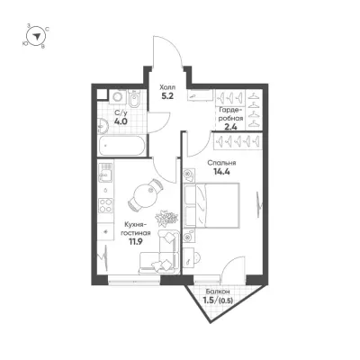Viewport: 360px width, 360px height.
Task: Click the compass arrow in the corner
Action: point(37,36)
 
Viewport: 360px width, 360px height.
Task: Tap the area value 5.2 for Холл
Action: point(167,96)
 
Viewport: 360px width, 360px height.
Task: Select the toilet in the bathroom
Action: point(134,100)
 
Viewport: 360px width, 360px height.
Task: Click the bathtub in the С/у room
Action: point(121,146)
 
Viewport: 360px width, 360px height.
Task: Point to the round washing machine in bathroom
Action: point(116,96)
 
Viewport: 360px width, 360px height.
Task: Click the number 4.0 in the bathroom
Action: point(121,121)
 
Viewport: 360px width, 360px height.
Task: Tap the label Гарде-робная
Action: point(231,113)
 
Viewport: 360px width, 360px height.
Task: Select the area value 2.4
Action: point(231,127)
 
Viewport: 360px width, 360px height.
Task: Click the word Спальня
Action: point(221,163)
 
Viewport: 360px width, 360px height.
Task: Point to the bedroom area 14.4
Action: point(221,172)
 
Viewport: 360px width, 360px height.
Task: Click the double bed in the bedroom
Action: point(211,205)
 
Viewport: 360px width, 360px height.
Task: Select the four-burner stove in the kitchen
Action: point(105,206)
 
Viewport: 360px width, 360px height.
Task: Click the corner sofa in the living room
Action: point(160,252)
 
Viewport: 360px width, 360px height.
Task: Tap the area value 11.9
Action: point(134,241)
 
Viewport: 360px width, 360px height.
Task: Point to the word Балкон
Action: point(218,292)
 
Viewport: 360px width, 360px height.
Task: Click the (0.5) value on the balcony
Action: point(227,301)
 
